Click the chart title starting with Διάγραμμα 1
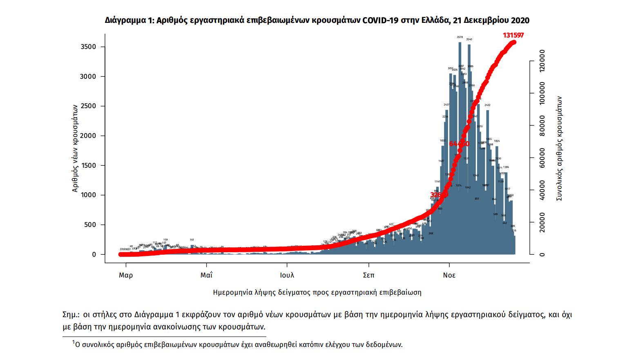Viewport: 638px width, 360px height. pyautogui.click(x=317, y=20)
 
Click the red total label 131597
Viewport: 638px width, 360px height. pyautogui.click(x=513, y=35)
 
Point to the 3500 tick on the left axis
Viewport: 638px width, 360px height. pyautogui.click(x=88, y=47)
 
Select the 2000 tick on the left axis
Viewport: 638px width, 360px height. pyautogui.click(x=88, y=136)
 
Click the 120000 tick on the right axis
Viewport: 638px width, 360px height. pyautogui.click(x=542, y=61)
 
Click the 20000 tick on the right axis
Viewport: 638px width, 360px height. pyautogui.click(x=542, y=222)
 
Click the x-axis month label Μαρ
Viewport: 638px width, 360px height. pyautogui.click(x=126, y=275)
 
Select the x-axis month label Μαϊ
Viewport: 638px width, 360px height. pyautogui.click(x=206, y=275)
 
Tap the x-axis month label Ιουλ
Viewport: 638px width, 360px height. pyautogui.click(x=287, y=275)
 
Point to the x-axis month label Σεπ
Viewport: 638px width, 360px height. pyautogui.click(x=368, y=275)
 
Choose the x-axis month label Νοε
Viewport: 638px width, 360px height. pyautogui.click(x=449, y=275)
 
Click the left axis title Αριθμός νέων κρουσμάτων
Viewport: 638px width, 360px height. pyautogui.click(x=75, y=148)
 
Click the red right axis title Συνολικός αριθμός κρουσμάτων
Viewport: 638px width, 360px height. pyautogui.click(x=559, y=149)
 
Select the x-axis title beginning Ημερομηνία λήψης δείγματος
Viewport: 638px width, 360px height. pyautogui.click(x=317, y=292)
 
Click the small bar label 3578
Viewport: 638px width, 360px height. pyautogui.click(x=460, y=37)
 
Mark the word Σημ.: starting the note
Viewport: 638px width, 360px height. pyautogui.click(x=71, y=315)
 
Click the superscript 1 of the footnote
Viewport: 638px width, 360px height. pyautogui.click(x=74, y=342)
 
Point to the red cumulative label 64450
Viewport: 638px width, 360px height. pyautogui.click(x=459, y=144)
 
